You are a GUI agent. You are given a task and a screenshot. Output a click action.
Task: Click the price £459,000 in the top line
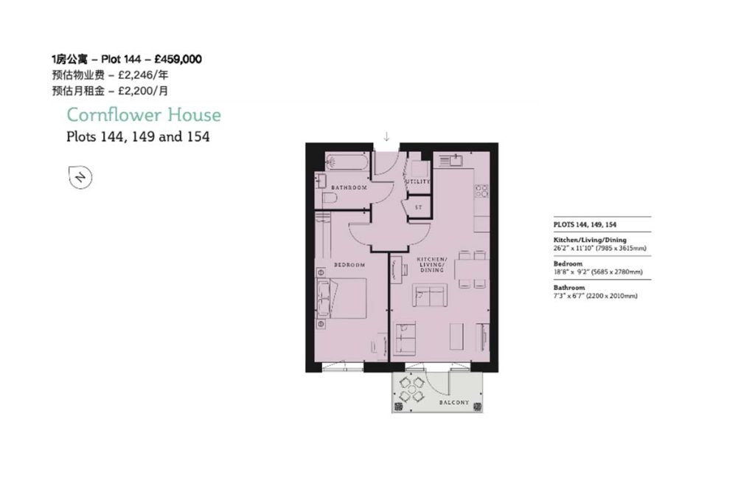tap(178, 59)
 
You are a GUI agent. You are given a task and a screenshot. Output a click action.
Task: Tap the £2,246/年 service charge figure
tap(143, 75)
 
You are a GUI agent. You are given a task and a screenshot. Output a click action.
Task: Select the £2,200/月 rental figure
tap(143, 91)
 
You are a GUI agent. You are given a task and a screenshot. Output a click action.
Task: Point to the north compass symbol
tap(80, 177)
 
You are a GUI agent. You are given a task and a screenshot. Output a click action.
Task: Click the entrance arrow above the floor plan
tap(386, 137)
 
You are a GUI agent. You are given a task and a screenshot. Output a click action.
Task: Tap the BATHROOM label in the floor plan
tap(349, 187)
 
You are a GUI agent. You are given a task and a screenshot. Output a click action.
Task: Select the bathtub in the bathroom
tap(347, 162)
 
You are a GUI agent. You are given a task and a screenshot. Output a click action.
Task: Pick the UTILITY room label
tap(417, 182)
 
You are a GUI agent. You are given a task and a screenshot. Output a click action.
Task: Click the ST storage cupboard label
tap(419, 207)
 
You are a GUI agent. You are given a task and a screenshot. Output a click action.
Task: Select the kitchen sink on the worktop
tap(450, 160)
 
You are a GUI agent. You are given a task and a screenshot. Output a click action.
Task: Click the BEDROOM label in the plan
tap(349, 264)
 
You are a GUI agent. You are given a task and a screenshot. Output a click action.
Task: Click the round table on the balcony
tap(411, 390)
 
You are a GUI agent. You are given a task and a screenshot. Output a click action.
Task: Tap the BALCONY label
tap(454, 402)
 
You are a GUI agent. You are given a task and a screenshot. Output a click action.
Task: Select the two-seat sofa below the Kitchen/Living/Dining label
tap(430, 295)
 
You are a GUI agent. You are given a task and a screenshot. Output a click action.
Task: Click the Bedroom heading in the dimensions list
tap(568, 263)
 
